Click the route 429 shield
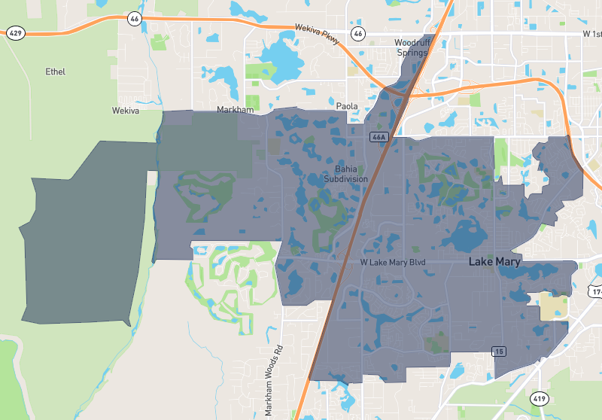15,32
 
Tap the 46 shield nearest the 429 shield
134,19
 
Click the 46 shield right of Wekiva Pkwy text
358,33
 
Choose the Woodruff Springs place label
412,48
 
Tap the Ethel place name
55,72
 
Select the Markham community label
236,110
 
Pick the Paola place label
347,107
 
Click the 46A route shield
379,137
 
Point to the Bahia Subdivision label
345,175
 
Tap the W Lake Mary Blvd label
393,262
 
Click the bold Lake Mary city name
494,262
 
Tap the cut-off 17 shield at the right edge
595,291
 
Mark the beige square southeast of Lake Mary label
554,306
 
